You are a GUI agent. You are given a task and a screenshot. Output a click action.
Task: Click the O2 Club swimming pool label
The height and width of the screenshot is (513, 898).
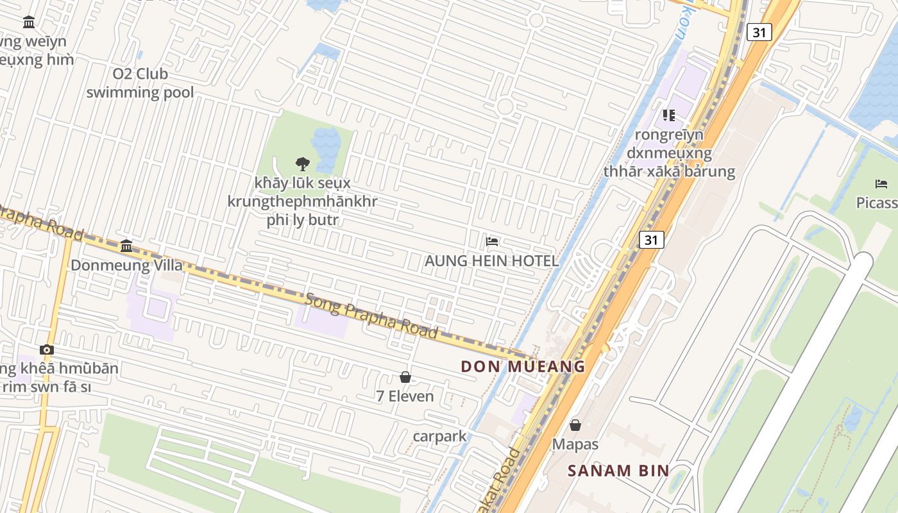(x=140, y=83)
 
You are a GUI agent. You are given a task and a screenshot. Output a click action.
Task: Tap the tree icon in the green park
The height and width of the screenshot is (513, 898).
(x=302, y=164)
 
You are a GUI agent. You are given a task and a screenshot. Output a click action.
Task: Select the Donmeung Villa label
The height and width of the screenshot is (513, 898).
(x=126, y=265)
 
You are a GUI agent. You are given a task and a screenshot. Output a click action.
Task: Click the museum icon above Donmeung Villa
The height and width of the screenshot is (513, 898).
(x=126, y=246)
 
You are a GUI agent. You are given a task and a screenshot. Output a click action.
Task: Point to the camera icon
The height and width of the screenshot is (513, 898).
(x=46, y=349)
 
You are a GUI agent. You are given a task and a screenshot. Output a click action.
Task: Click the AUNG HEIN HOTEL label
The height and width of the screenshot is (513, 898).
(x=491, y=261)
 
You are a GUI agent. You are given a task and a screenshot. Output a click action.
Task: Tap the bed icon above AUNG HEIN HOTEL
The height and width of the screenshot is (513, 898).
(x=492, y=242)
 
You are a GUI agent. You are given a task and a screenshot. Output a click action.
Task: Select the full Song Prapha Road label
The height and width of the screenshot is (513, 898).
(x=371, y=315)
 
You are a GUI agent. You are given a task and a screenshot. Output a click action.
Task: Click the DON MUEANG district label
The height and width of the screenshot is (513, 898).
(x=523, y=367)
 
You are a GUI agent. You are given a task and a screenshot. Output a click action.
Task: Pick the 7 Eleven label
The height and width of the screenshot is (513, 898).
(x=405, y=396)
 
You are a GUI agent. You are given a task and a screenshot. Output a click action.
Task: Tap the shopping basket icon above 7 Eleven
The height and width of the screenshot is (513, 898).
(x=405, y=377)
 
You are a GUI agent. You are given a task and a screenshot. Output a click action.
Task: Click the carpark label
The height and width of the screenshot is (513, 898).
(x=439, y=437)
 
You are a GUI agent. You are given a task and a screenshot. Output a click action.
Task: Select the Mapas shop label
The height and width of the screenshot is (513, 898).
(x=575, y=444)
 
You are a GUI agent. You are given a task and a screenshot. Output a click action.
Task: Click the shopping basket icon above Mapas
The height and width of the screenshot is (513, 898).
(x=575, y=425)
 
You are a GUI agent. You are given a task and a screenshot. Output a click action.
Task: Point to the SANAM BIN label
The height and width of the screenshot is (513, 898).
(x=618, y=471)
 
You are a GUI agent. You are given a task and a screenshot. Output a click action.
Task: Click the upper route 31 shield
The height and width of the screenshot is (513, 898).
(x=759, y=32)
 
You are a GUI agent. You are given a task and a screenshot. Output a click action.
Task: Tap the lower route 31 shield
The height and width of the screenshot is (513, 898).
(x=651, y=240)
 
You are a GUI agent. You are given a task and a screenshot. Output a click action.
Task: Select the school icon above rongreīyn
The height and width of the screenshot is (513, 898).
(x=669, y=115)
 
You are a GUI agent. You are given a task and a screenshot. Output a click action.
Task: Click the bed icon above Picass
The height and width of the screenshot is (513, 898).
(x=881, y=184)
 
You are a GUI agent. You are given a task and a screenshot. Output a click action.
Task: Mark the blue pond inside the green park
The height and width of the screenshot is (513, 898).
(x=326, y=142)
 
